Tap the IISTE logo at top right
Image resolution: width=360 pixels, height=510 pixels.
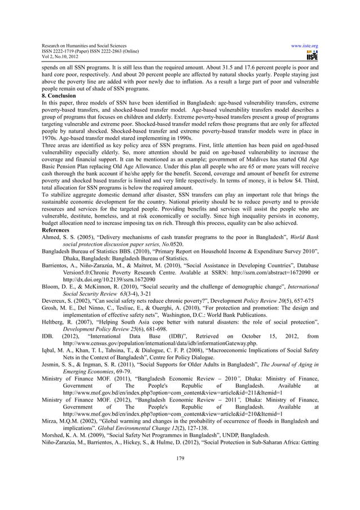point(311,56)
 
